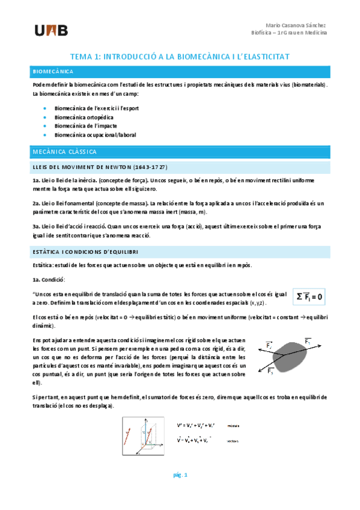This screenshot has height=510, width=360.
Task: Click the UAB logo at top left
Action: coord(51,31)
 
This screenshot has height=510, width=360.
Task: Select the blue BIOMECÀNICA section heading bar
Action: coord(180,72)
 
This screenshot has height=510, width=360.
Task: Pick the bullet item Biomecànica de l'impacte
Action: coord(84,126)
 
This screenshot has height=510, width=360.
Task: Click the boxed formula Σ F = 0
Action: coord(310,296)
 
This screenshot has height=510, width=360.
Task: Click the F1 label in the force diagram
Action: coord(308,341)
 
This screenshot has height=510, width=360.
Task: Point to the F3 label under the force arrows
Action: coord(271,371)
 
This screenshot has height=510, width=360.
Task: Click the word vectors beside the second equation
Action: coord(233,441)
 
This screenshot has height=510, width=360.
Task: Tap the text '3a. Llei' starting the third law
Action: coord(44,225)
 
